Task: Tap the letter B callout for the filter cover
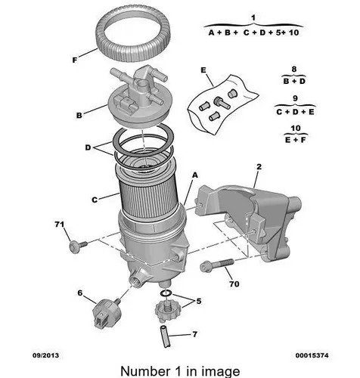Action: coord(78,116)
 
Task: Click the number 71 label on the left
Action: coord(57,225)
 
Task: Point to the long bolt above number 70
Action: coord(217,265)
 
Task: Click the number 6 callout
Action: coord(79,292)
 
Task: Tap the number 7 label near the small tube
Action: coord(194,333)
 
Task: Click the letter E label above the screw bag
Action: coord(203,70)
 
